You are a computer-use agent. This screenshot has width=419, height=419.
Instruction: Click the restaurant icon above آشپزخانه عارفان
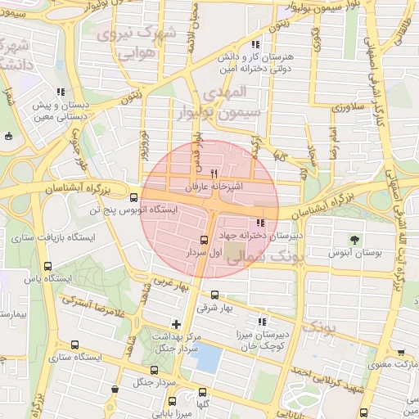pos(214,173)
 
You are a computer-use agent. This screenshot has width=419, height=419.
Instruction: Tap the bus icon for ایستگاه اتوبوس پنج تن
pos(134,196)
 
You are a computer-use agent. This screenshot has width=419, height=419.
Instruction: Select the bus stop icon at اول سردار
pos(204,240)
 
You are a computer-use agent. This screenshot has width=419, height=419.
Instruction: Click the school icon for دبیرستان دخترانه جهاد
pos(261,223)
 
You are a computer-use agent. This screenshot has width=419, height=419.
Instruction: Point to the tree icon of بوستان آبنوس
pos(354,240)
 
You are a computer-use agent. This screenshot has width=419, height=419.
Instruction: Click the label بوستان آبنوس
pos(355,255)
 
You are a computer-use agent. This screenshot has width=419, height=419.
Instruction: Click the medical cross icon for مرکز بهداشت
pos(176,324)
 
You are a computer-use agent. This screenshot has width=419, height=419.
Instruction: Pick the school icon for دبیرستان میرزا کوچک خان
pos(263,322)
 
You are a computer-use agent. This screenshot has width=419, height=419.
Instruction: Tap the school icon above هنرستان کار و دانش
pos(255,45)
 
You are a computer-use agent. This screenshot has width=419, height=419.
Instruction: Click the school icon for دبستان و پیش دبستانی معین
pos(59,92)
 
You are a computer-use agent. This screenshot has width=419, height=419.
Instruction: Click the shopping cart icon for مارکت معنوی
pos(400,352)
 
